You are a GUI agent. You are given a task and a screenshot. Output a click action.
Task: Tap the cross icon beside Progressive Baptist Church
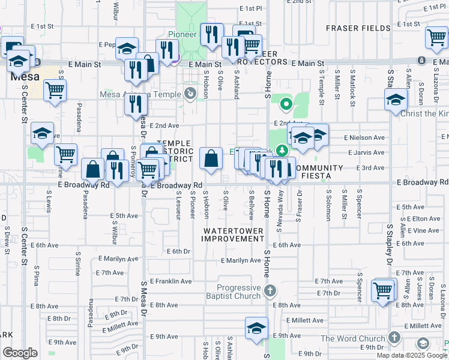pos(270,292)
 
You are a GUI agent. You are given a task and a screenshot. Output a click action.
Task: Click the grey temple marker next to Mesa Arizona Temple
pos(191,93)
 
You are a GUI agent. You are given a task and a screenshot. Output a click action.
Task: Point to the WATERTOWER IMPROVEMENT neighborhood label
pos(233,235)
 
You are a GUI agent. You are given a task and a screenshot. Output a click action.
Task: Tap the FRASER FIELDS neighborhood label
pos(357,28)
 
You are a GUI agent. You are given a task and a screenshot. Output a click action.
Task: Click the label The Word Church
pos(352,338)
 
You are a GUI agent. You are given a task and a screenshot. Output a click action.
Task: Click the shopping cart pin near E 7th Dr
pos(382,290)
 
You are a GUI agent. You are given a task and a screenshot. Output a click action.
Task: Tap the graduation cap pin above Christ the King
pos(396,99)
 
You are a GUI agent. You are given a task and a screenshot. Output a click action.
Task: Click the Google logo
pos(20,353)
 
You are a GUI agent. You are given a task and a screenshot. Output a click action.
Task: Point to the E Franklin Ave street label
pos(170,281)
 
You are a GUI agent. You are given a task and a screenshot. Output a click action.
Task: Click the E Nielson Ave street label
pos(364,137)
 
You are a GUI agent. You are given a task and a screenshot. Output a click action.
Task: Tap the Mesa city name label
pos(24,77)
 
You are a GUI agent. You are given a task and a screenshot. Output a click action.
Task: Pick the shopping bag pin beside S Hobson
pos(211,159)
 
